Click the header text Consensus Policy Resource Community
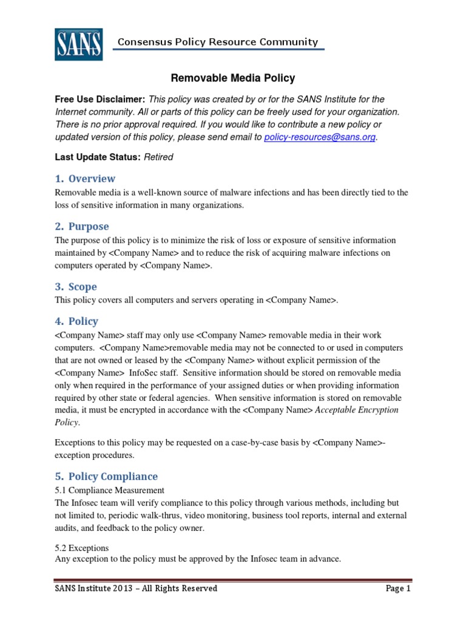(217, 42)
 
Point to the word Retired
(158, 157)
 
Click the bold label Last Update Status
(98, 157)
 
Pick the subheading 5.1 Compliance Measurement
(109, 490)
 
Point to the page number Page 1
(398, 589)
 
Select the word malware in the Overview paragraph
(218, 193)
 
